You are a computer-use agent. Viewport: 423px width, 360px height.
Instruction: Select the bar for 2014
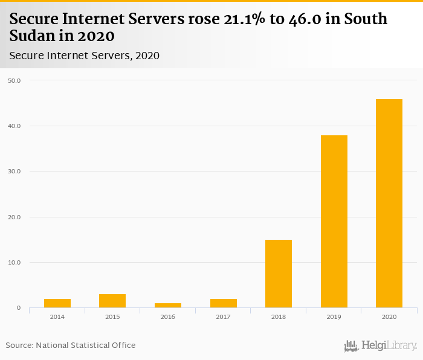57,303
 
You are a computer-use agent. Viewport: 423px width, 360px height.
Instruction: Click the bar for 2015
112,301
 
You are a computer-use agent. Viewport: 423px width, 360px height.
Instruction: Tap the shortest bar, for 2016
168,305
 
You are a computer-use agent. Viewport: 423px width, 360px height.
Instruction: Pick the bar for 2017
223,303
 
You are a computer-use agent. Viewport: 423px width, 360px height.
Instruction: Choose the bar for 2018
279,274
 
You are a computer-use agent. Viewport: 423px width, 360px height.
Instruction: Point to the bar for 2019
334,222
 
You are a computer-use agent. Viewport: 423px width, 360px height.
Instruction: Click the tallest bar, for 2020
389,204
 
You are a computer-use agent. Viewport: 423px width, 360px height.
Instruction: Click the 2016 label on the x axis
168,317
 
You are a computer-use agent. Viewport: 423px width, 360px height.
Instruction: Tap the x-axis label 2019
334,317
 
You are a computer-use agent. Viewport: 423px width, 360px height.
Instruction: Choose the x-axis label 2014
57,317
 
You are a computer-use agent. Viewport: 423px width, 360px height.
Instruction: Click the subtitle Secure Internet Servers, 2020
84,56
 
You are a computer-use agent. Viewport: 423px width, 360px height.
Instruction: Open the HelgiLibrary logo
380,346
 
